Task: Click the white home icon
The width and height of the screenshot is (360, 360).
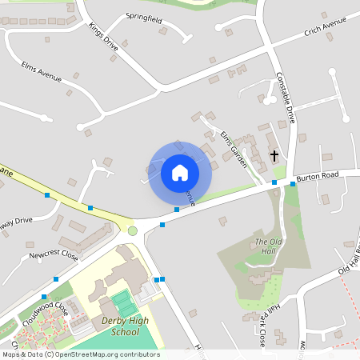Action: click(x=180, y=172)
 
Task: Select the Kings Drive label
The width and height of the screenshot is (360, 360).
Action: click(x=104, y=37)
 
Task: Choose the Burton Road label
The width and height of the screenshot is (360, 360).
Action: click(x=318, y=175)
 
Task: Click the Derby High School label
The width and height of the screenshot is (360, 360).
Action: click(x=126, y=326)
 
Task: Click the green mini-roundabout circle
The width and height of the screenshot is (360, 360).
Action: click(x=133, y=230)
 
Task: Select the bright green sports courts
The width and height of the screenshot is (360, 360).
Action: click(x=124, y=303)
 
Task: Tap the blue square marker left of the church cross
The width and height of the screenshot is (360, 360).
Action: click(x=274, y=183)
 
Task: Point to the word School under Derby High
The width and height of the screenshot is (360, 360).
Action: click(x=126, y=331)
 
